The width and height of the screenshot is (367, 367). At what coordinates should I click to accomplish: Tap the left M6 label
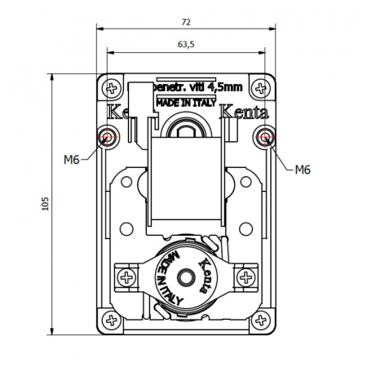[x=71, y=159]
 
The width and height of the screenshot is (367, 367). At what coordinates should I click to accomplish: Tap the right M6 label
[x=303, y=170]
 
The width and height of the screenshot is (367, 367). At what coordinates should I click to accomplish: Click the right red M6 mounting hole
[x=263, y=137]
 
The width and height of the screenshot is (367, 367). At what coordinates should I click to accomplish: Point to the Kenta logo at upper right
[x=241, y=112]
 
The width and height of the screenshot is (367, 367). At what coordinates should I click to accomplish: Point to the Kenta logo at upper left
[x=122, y=112]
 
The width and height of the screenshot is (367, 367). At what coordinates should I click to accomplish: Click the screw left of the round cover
[x=127, y=279]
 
